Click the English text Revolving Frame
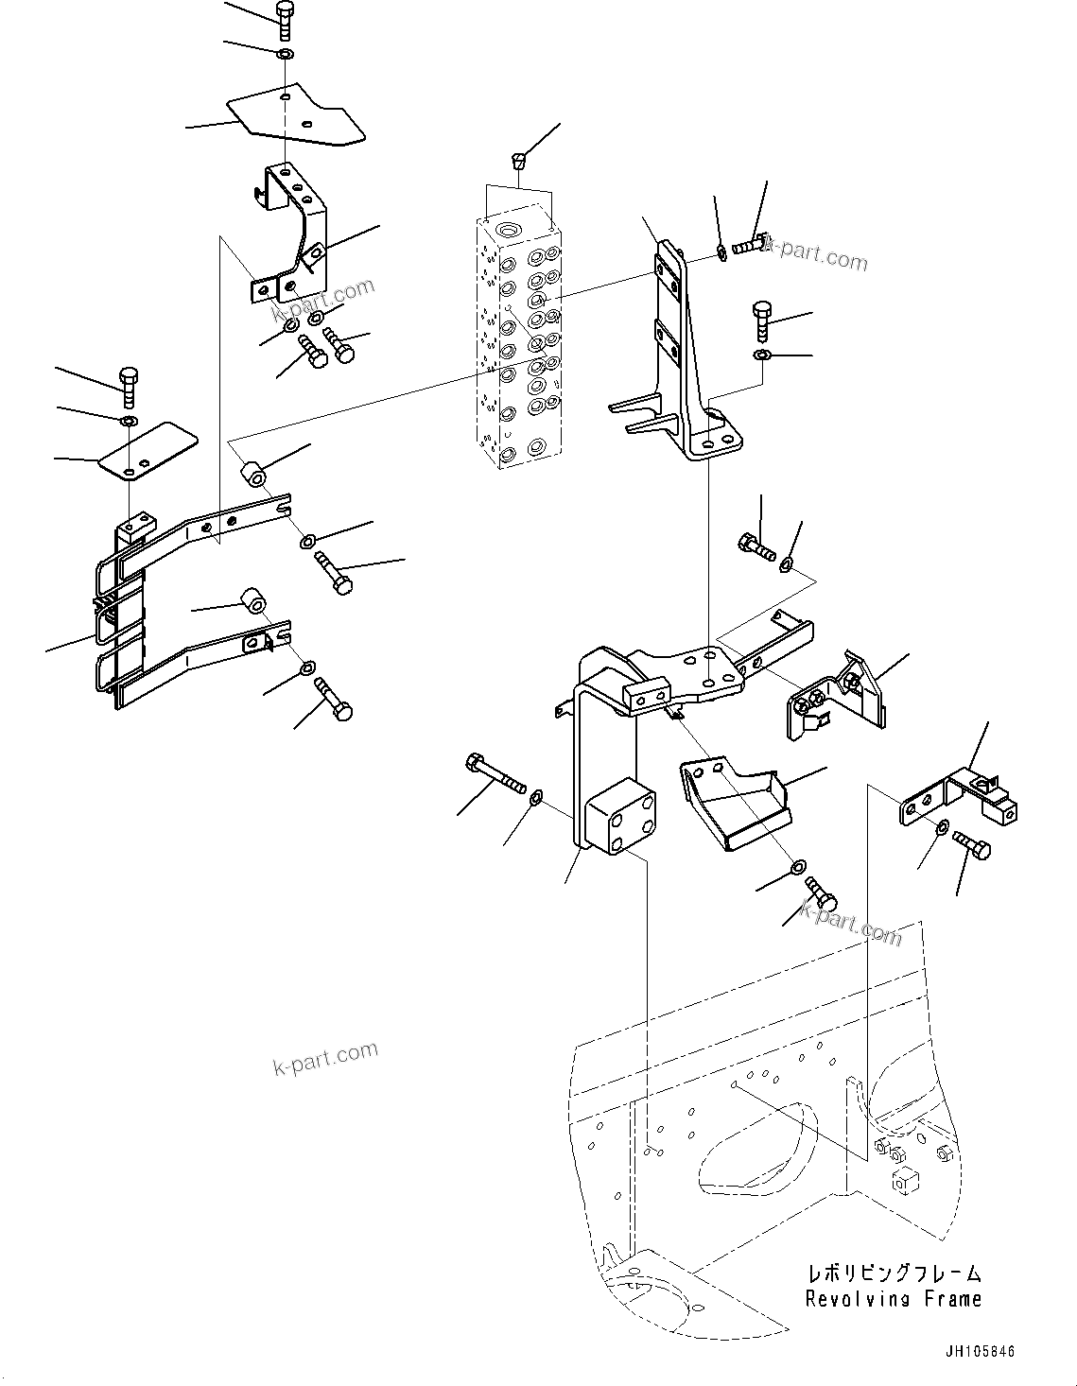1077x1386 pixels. pyautogui.click(x=893, y=1299)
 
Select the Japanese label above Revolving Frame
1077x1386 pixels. pyautogui.click(x=893, y=1273)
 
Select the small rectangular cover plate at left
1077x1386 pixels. pyautogui.click(x=148, y=451)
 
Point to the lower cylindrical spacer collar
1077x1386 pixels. pyautogui.click(x=252, y=601)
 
